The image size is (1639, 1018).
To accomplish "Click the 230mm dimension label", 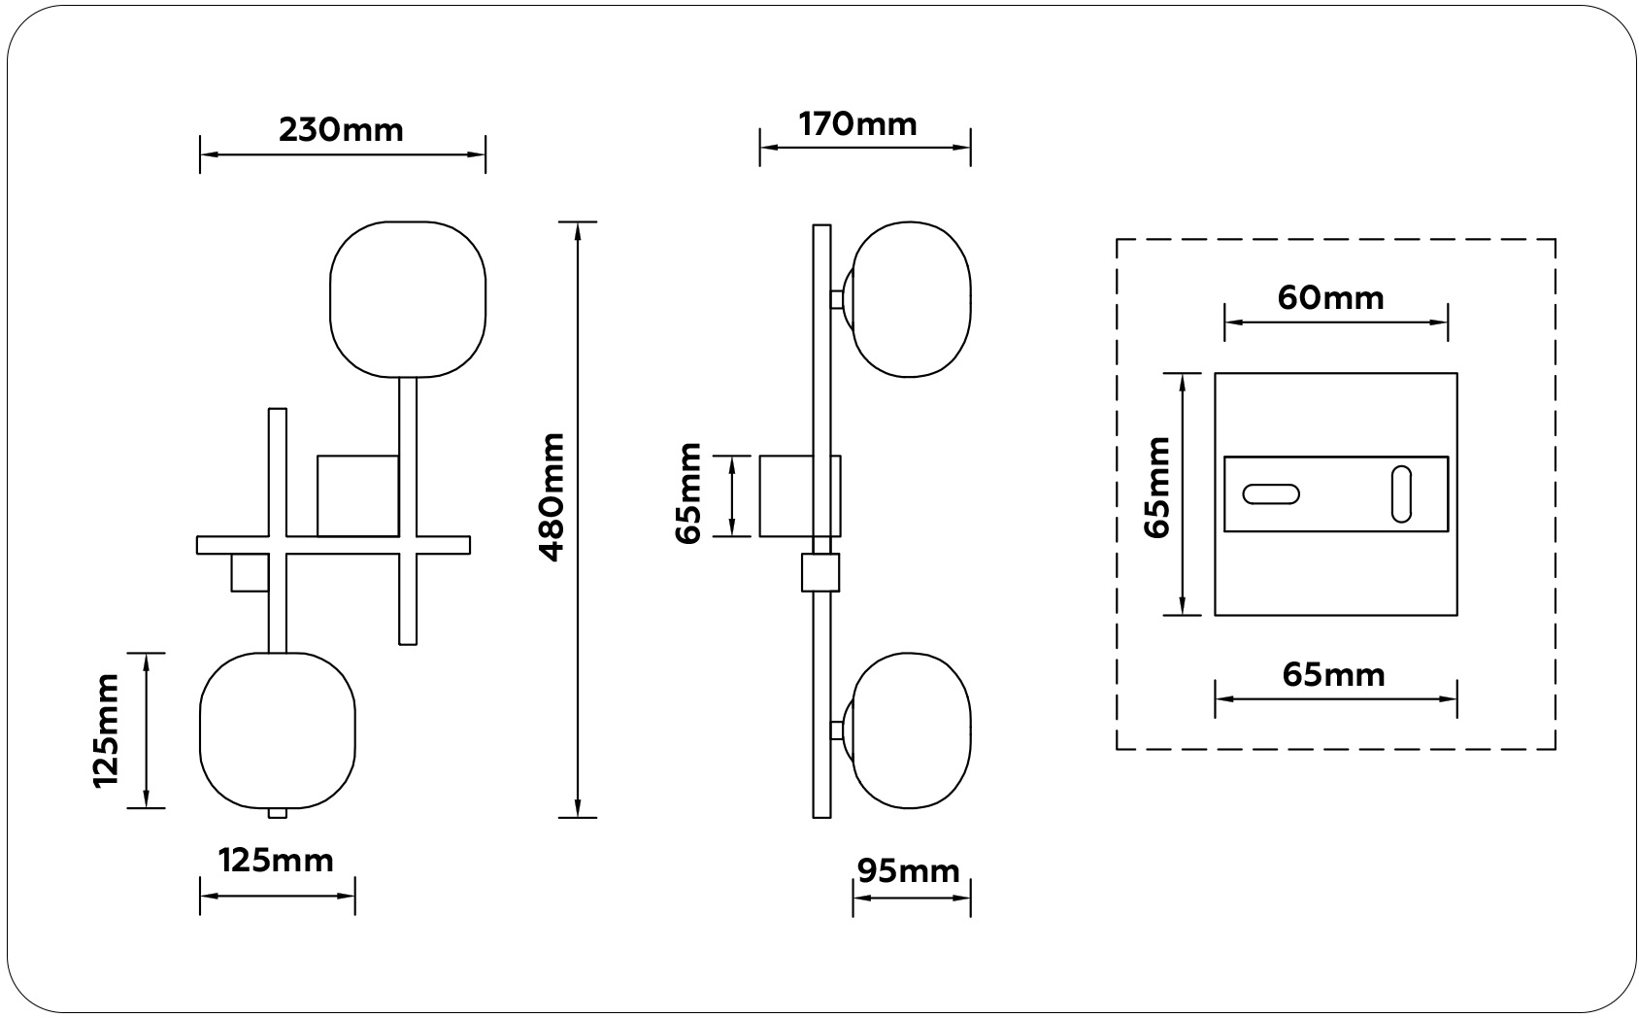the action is pyautogui.click(x=341, y=130).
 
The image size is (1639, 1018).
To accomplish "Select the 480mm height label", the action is pyautogui.click(x=552, y=497).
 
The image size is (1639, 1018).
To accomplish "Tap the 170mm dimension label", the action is pyautogui.click(x=857, y=124).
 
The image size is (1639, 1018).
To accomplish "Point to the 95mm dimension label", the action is pyautogui.click(x=908, y=871).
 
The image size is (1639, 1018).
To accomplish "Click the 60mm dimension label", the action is pyautogui.click(x=1331, y=298).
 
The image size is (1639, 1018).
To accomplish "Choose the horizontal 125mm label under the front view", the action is pyautogui.click(x=276, y=861).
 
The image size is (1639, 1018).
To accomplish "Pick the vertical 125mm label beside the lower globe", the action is pyautogui.click(x=106, y=731).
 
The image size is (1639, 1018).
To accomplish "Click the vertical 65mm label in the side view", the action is pyautogui.click(x=687, y=493).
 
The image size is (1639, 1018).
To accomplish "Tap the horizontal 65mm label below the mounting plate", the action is pyautogui.click(x=1334, y=675).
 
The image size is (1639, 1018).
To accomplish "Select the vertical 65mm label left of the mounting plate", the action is pyautogui.click(x=1157, y=489).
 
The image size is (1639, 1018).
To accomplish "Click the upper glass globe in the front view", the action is pyautogui.click(x=408, y=299).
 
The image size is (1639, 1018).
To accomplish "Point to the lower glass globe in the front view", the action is pyautogui.click(x=278, y=730).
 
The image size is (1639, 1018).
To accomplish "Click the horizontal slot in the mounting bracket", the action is pyautogui.click(x=1271, y=494).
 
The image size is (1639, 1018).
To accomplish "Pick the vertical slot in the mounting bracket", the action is pyautogui.click(x=1401, y=494).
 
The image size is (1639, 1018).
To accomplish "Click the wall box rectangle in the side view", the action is pyautogui.click(x=800, y=496).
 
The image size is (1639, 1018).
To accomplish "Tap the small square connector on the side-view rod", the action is pyautogui.click(x=820, y=572).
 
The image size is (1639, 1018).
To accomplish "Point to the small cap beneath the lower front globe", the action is pyautogui.click(x=278, y=813).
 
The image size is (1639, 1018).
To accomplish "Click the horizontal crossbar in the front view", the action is pyautogui.click(x=334, y=545).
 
